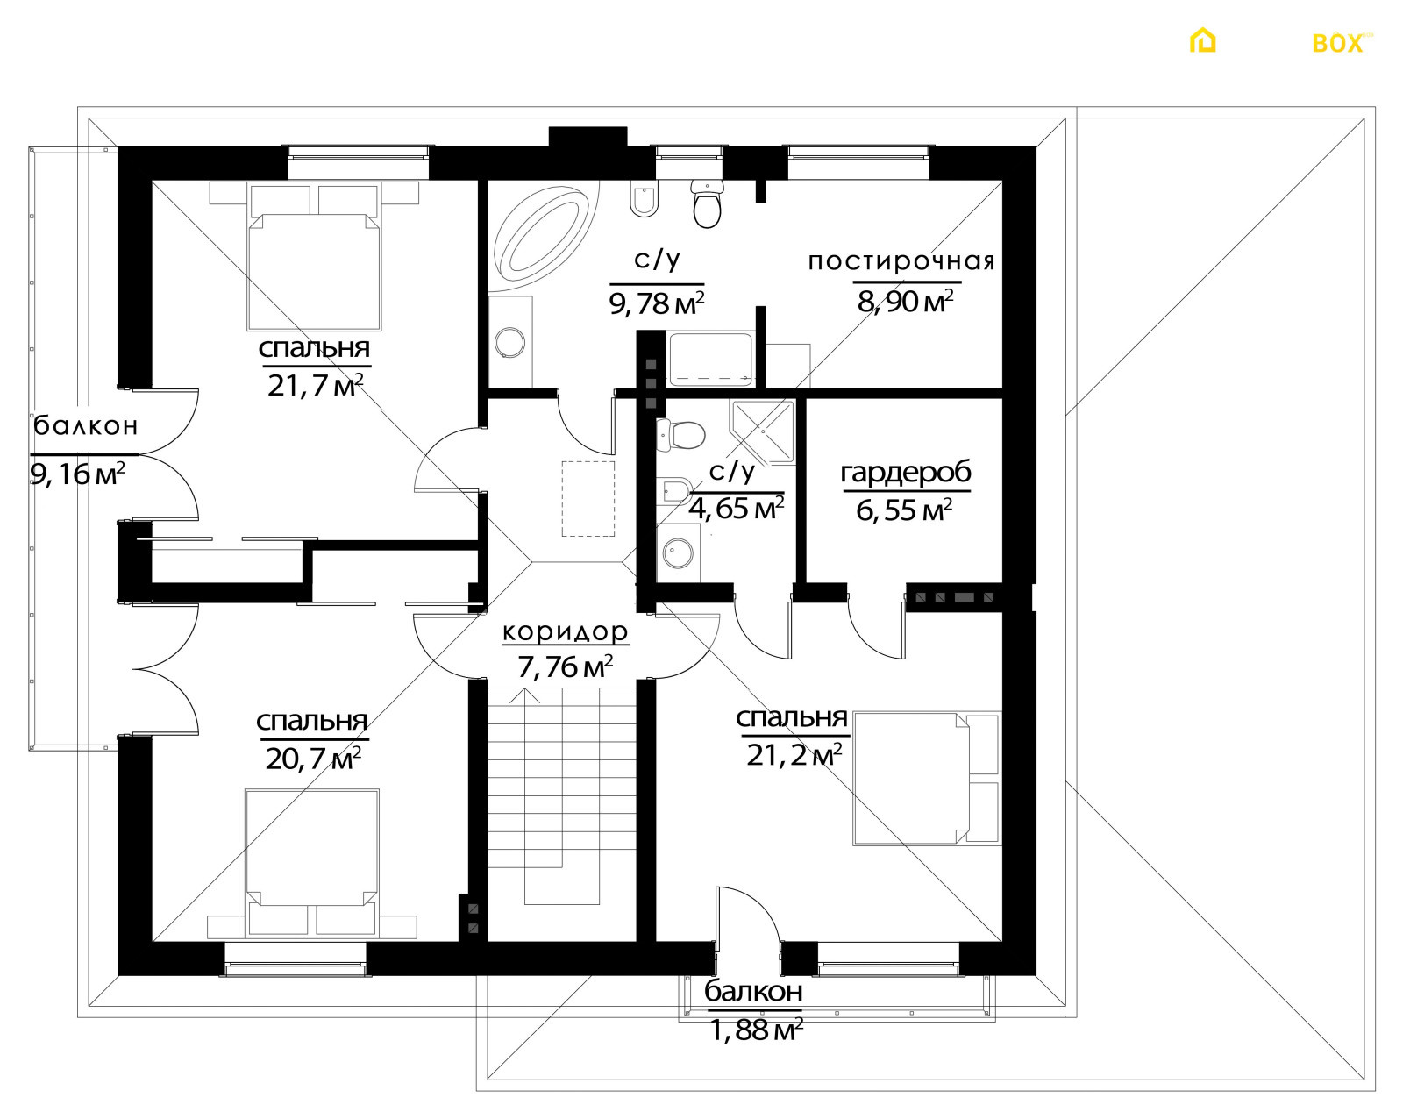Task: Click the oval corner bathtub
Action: pyautogui.click(x=545, y=236)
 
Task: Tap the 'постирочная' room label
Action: pyautogui.click(x=901, y=261)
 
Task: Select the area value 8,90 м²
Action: pyautogui.click(x=906, y=302)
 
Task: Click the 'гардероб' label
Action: pyautogui.click(x=906, y=473)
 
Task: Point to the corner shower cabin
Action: pyautogui.click(x=763, y=431)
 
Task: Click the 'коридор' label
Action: pyautogui.click(x=566, y=631)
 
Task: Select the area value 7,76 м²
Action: pyautogui.click(x=566, y=666)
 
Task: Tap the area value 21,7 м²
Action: pyautogui.click(x=315, y=385)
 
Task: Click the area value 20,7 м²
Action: pyautogui.click(x=314, y=759)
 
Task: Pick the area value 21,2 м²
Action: pyautogui.click(x=794, y=755)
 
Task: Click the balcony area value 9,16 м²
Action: pyautogui.click(x=77, y=474)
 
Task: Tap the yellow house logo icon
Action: pyautogui.click(x=1203, y=40)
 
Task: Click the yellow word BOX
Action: pyautogui.click(x=1337, y=44)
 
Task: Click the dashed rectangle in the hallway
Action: pyautogui.click(x=588, y=499)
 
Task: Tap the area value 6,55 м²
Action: pyautogui.click(x=904, y=510)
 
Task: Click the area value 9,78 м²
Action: pyautogui.click(x=657, y=303)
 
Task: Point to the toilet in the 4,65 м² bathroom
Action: pyautogui.click(x=681, y=434)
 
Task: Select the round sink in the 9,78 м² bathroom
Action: pyautogui.click(x=509, y=342)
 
